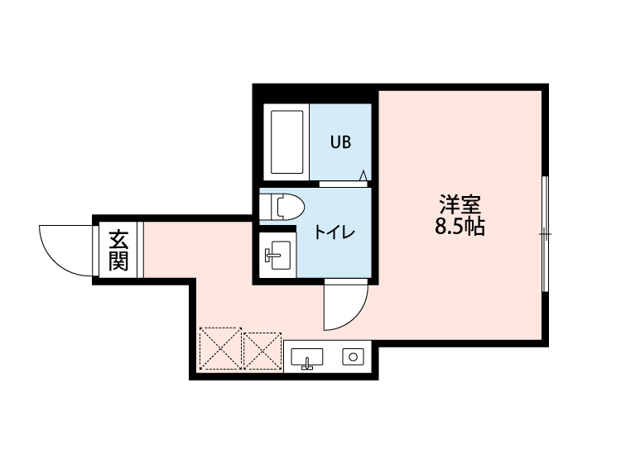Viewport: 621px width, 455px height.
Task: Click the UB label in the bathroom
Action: [x=341, y=142]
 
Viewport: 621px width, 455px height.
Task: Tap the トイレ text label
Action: [x=334, y=232]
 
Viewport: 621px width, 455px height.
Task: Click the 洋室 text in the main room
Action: [x=460, y=204]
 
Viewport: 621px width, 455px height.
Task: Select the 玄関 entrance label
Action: [x=118, y=251]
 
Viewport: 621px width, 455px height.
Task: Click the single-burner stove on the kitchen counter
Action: [x=354, y=357]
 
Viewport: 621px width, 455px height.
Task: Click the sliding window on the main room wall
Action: [x=545, y=234]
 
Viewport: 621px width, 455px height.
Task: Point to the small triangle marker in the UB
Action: [x=363, y=175]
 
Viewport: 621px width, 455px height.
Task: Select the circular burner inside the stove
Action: [x=354, y=357]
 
